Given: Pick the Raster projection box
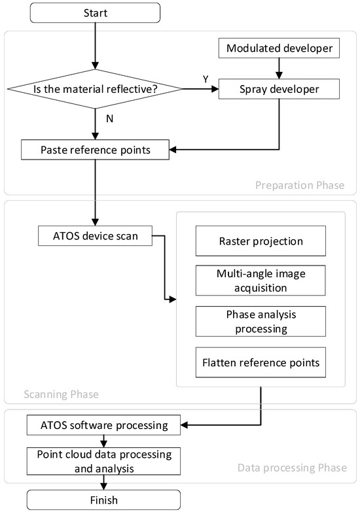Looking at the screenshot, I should pos(260,241).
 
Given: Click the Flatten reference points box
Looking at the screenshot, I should pos(260,362).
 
